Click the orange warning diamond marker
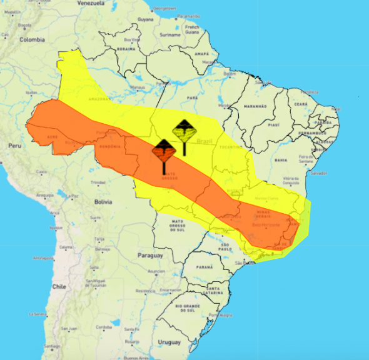163,151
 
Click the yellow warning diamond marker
184,131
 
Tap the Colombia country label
32,39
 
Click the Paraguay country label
151,255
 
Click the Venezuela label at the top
90,3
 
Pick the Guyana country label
146,19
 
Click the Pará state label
193,98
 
